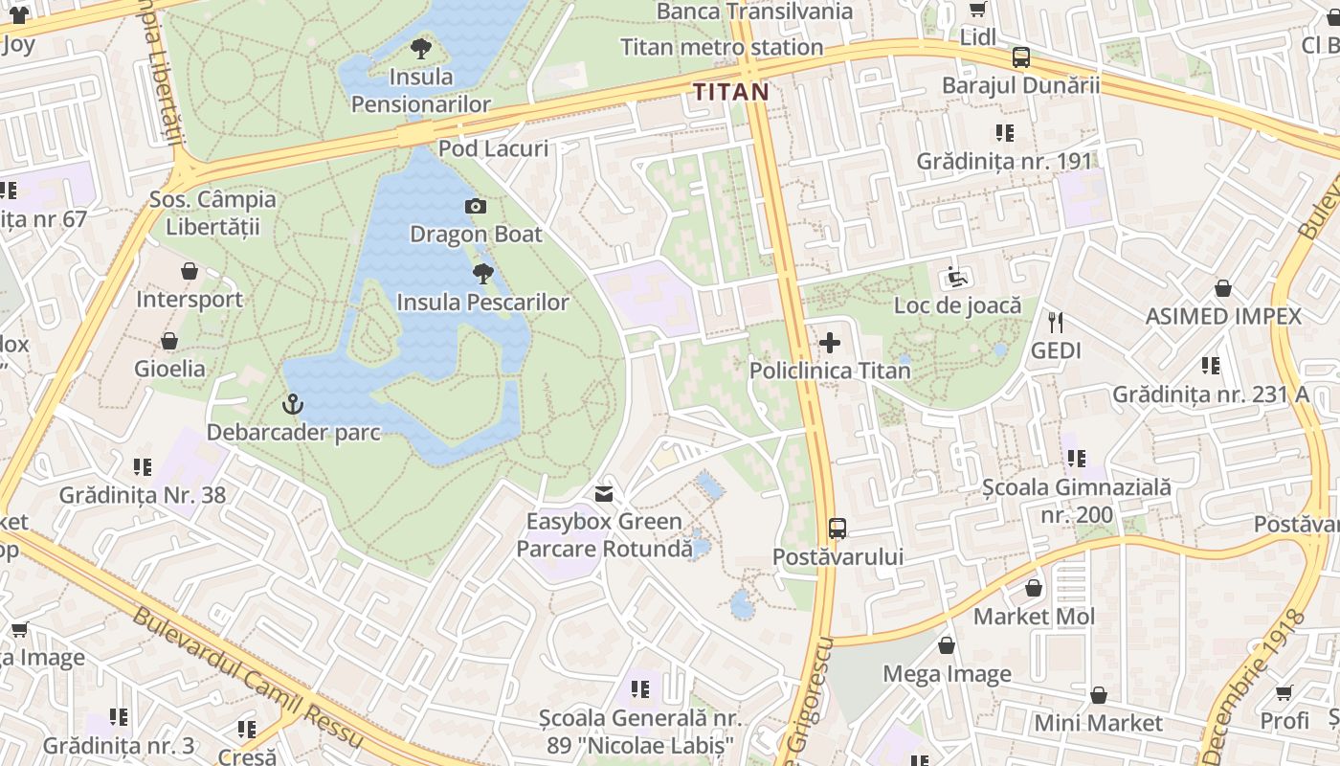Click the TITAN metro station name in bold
click(x=730, y=92)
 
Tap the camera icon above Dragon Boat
click(x=475, y=206)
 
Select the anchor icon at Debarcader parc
click(x=293, y=405)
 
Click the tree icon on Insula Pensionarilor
click(x=420, y=49)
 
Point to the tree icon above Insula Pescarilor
click(x=483, y=274)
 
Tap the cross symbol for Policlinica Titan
click(x=830, y=343)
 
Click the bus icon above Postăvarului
click(x=837, y=528)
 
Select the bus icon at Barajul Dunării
click(x=1021, y=57)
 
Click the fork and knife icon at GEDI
click(x=1056, y=323)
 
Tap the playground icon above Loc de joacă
click(x=957, y=278)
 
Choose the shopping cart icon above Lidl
click(x=978, y=10)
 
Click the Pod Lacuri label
click(x=493, y=148)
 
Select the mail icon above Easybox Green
click(x=604, y=494)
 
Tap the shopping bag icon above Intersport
click(x=190, y=272)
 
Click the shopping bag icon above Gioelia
click(x=169, y=341)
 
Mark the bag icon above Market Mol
click(x=1034, y=588)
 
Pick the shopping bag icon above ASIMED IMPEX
click(x=1222, y=288)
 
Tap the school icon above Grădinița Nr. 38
click(x=143, y=467)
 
